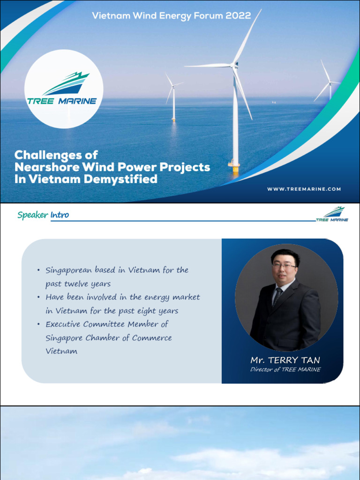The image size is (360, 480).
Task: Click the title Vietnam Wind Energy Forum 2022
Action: pos(171,15)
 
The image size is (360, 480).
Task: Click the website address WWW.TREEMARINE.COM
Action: pos(304,189)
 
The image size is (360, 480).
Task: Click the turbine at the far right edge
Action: pos(330,84)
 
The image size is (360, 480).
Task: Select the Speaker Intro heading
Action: pos(43,215)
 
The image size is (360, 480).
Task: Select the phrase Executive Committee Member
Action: pos(107,324)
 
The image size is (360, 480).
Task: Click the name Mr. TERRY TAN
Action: pos(285,360)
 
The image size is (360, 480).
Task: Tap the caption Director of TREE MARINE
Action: pos(285,370)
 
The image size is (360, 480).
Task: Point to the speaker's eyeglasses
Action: pos(284,266)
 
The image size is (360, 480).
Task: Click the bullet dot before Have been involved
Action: pos(38,298)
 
